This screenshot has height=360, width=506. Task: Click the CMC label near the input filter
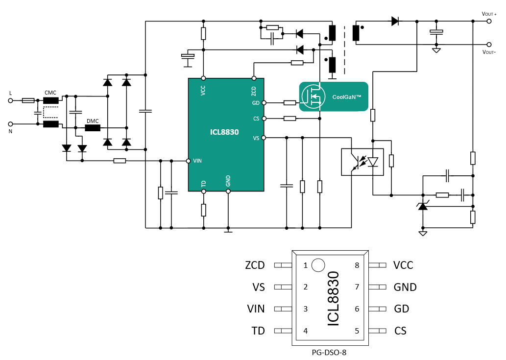click(50, 93)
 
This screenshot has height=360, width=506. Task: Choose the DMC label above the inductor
click(93, 120)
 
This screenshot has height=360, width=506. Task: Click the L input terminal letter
click(10, 93)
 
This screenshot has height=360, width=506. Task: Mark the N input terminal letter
click(10, 132)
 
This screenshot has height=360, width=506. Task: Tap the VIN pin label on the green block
click(197, 160)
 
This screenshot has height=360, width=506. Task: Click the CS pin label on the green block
click(256, 119)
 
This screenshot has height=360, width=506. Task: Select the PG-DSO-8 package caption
click(332, 352)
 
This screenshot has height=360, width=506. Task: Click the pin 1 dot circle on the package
click(318, 265)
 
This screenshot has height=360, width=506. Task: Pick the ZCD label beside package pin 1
click(255, 265)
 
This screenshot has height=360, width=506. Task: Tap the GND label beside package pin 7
click(405, 287)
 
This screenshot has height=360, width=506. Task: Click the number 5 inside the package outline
click(357, 331)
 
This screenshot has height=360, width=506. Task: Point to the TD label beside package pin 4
click(258, 331)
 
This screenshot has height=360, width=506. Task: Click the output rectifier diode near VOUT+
click(395, 21)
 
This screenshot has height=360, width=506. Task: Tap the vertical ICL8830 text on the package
click(333, 298)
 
